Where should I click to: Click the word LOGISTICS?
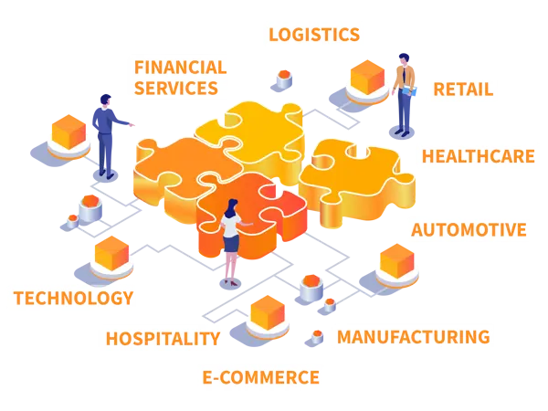click(x=314, y=35)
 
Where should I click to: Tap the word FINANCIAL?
click(x=181, y=68)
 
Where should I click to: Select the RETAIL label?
click(x=463, y=90)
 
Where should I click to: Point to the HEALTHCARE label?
click(x=478, y=156)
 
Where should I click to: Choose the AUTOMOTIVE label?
click(x=469, y=230)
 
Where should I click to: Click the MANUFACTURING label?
click(x=414, y=337)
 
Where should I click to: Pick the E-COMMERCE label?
click(x=260, y=377)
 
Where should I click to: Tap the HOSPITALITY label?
click(x=163, y=339)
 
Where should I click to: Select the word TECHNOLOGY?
click(x=74, y=298)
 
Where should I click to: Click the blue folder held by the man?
click(x=409, y=91)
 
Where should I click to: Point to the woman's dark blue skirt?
click(x=231, y=243)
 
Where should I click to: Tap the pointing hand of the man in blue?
click(x=132, y=124)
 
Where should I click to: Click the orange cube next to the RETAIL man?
click(x=367, y=78)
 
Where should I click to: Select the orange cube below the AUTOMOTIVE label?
click(x=396, y=261)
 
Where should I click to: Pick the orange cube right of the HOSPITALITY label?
click(x=268, y=312)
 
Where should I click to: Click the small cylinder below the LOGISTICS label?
click(x=284, y=79)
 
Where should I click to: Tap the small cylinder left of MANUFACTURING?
click(x=317, y=337)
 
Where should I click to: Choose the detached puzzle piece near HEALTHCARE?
click(x=356, y=182)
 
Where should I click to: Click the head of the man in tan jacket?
click(x=404, y=59)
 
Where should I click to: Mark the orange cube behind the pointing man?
click(x=68, y=132)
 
